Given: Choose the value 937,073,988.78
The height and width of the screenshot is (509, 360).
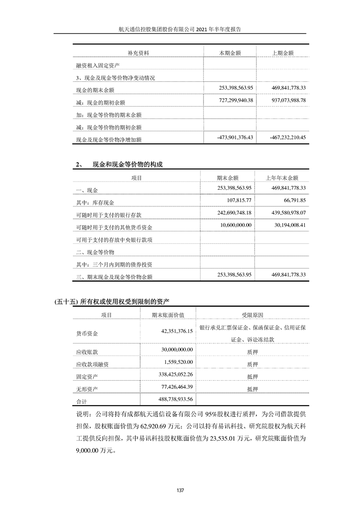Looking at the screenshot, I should (x=283, y=99).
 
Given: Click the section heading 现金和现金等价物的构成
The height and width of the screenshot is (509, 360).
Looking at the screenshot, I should (x=127, y=165).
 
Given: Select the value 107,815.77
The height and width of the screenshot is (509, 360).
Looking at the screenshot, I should (x=241, y=200).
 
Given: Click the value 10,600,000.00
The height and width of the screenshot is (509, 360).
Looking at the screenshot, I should (x=234, y=225).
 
